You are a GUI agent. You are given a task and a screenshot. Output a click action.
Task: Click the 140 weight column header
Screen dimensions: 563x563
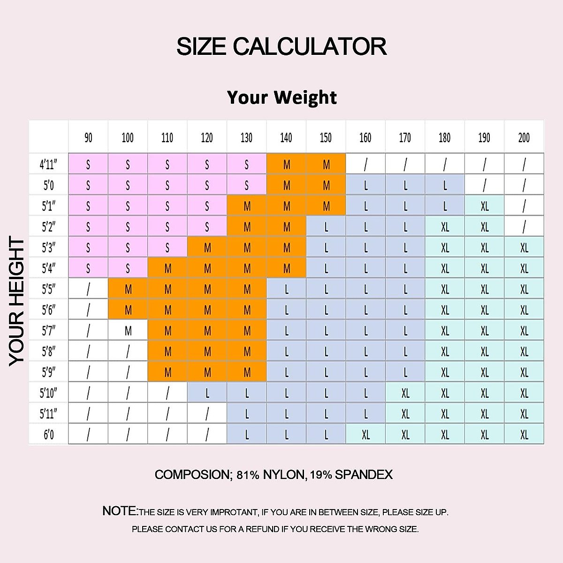(x=286, y=137)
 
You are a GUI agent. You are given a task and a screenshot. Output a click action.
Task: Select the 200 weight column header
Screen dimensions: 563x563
(x=524, y=137)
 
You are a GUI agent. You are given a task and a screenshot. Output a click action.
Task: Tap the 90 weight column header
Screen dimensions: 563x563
(x=88, y=137)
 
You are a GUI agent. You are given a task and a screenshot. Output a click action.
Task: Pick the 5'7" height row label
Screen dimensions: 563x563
(x=48, y=331)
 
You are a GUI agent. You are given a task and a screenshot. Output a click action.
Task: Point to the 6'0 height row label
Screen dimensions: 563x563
(x=48, y=434)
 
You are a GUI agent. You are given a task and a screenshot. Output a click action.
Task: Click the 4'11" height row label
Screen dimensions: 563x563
(x=48, y=164)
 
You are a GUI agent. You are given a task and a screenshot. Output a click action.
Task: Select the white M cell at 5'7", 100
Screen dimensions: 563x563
(x=128, y=331)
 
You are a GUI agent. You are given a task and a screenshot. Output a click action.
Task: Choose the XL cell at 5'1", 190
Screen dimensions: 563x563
(x=484, y=206)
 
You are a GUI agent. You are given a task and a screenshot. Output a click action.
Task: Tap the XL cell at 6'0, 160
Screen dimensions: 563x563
(x=365, y=434)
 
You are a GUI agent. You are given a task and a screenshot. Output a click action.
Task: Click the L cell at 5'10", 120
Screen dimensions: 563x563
(x=207, y=393)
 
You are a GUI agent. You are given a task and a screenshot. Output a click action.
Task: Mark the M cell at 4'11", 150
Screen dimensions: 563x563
(x=326, y=164)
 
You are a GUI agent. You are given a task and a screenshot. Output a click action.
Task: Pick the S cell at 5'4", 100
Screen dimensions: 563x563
(x=128, y=268)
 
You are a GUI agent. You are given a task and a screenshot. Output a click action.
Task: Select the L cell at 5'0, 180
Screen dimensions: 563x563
(x=445, y=185)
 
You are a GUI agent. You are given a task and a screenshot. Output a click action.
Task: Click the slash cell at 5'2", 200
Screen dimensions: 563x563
(x=524, y=227)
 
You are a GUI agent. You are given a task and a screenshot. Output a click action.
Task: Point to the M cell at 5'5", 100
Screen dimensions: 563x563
(x=128, y=289)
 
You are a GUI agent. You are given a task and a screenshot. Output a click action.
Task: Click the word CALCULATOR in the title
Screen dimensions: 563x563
(x=310, y=46)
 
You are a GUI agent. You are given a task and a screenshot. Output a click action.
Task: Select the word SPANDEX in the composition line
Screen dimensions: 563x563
(x=364, y=475)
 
